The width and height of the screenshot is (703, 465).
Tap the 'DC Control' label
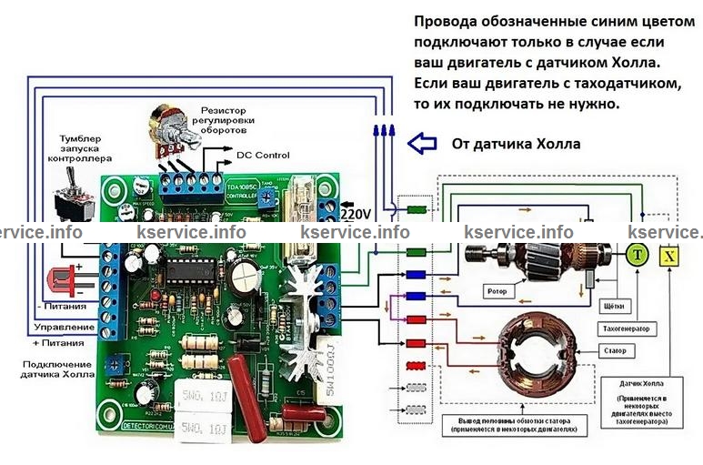click(263, 155)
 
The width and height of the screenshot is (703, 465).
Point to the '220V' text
click(356, 214)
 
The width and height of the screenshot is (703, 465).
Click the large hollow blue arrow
click(421, 143)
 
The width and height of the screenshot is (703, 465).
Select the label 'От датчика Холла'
click(516, 144)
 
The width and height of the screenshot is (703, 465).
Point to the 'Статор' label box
click(616, 349)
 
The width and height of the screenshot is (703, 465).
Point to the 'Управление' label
click(64, 326)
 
